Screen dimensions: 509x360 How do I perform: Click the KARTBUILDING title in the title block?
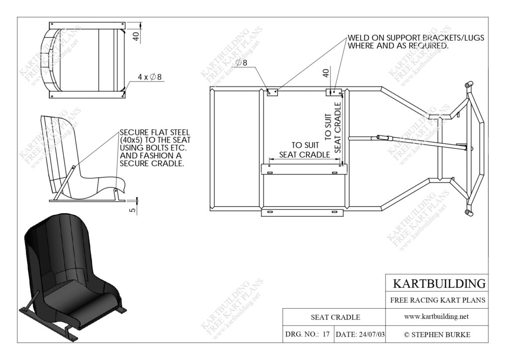[439, 283]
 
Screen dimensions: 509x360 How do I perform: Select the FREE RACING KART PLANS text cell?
[437, 300]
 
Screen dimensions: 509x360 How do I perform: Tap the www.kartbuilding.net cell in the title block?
[436, 317]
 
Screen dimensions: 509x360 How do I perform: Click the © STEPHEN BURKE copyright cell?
[437, 335]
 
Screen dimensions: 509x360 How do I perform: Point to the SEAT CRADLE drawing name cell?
[336, 317]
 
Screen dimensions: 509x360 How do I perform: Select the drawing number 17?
[326, 334]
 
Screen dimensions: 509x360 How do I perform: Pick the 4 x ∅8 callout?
[149, 77]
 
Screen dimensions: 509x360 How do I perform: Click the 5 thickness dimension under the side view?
[132, 210]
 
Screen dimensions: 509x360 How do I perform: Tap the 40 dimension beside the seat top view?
[136, 36]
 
